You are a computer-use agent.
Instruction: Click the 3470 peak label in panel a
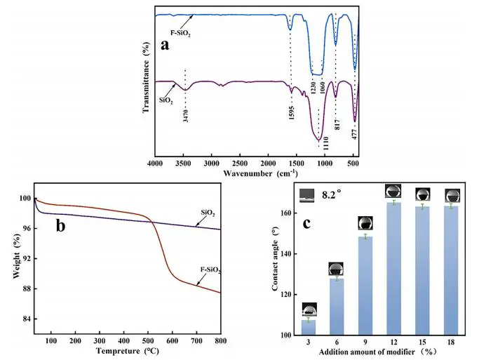[x=185, y=112]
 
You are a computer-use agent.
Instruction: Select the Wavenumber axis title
[x=257, y=172]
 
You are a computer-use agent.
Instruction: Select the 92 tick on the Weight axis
[x=26, y=258]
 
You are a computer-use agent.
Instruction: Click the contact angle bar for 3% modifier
[x=309, y=327]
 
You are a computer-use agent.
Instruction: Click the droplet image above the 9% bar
[x=365, y=223]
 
